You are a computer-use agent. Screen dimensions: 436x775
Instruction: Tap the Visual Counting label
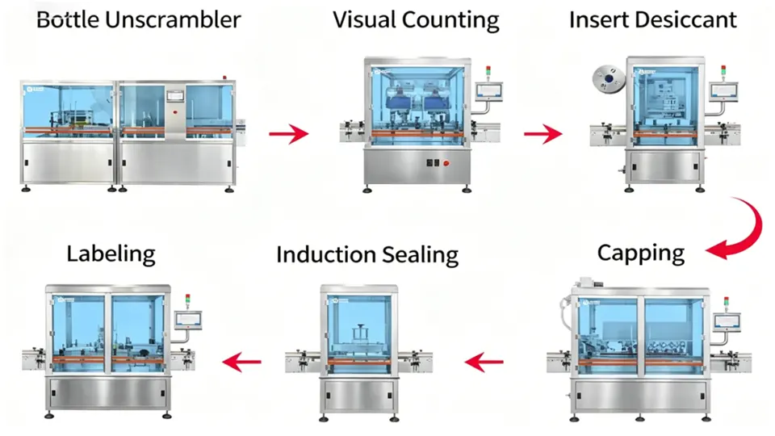[416, 20]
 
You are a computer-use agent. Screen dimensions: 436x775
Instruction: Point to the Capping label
[640, 253]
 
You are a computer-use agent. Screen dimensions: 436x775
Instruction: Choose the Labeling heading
[111, 254]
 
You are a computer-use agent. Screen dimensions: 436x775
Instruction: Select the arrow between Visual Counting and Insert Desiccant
[542, 132]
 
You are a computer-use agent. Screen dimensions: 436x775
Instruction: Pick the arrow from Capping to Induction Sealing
[486, 363]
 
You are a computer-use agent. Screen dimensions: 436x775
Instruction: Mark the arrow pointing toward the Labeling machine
[244, 362]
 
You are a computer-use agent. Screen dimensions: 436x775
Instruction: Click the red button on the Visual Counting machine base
[446, 163]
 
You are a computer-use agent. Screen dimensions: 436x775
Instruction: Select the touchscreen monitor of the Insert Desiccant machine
[719, 90]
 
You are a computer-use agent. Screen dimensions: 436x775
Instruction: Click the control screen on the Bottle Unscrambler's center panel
[175, 94]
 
